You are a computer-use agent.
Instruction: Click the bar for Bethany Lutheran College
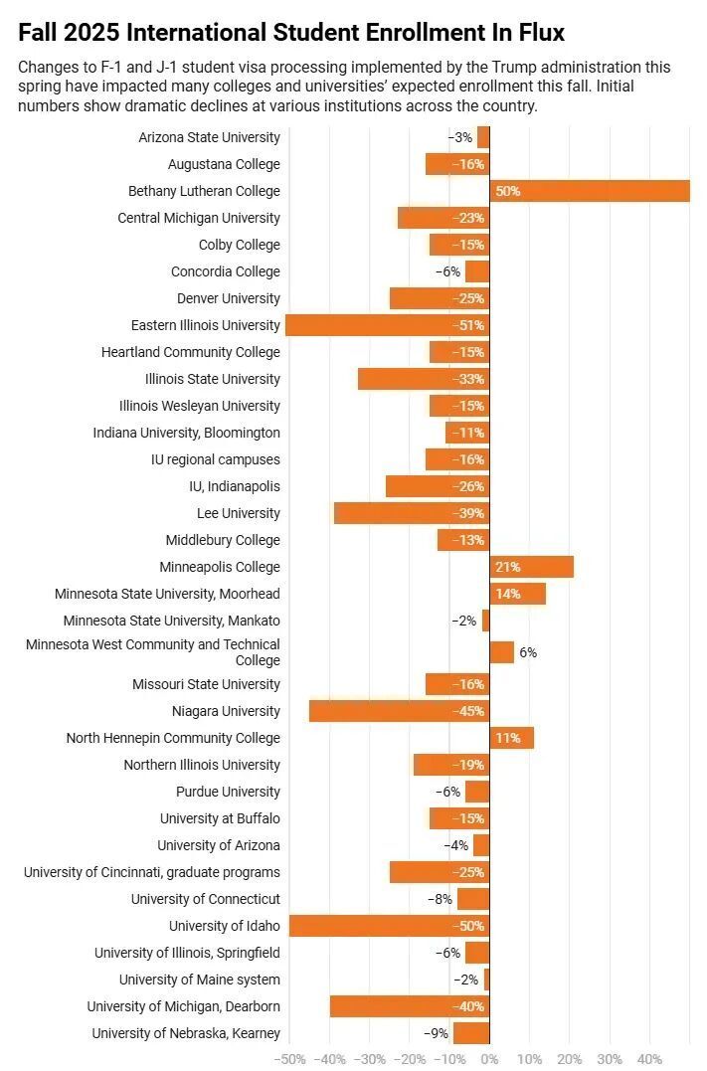pos(590,191)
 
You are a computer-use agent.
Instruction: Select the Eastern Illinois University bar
pos(387,325)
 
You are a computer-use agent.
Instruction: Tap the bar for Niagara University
pos(399,711)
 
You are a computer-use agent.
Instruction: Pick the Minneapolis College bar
pos(531,567)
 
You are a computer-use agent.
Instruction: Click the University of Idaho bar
pos(389,926)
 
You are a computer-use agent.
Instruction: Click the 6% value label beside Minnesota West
pos(528,652)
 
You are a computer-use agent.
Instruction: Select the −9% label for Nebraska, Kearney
pos(436,1033)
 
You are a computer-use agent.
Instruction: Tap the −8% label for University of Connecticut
pos(440,899)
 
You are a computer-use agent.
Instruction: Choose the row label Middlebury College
pos(223,540)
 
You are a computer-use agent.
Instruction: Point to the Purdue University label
pos(228,792)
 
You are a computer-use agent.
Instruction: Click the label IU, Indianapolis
pos(235,486)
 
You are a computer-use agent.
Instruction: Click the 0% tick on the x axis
pos(489,1059)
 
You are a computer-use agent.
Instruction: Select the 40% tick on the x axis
pos(649,1059)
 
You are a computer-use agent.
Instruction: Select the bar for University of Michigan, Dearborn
pos(410,1006)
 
